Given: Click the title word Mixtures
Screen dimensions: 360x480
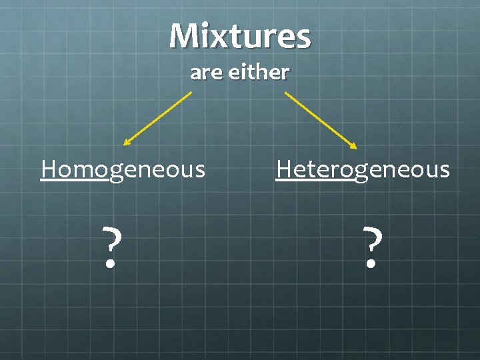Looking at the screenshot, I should pyautogui.click(x=240, y=36).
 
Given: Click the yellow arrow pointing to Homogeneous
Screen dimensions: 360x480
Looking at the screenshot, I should pyautogui.click(x=158, y=118).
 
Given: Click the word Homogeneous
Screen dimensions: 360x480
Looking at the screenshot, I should pyautogui.click(x=123, y=169).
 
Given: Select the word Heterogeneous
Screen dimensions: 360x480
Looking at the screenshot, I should pyautogui.click(x=363, y=169).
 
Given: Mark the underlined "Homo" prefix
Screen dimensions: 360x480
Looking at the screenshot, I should pyautogui.click(x=74, y=169).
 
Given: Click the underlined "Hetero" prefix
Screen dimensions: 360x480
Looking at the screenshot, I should pyautogui.click(x=315, y=169).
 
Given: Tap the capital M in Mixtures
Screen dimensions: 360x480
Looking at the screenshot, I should pyautogui.click(x=183, y=36).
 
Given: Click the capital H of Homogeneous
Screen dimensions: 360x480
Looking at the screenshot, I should pyautogui.click(x=48, y=169).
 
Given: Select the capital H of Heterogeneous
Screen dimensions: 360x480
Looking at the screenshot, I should pyautogui.click(x=284, y=169).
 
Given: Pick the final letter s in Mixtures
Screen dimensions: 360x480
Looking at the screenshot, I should pyautogui.click(x=303, y=39).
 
